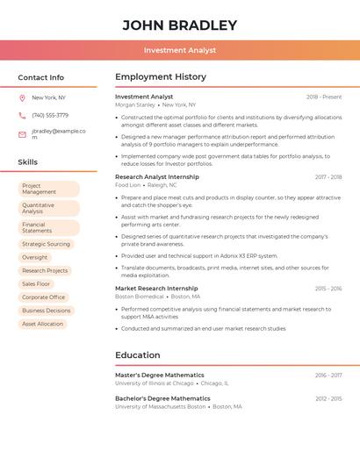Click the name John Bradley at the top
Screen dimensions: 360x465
coord(179,25)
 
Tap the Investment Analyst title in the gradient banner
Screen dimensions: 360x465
coord(179,51)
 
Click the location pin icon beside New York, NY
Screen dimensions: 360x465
coord(22,97)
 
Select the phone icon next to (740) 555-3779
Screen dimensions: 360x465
coord(22,115)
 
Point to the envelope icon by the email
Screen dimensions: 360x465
coord(22,134)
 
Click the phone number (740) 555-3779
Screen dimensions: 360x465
coord(50,115)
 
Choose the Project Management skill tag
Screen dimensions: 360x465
coord(48,189)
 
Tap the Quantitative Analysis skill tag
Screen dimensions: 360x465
coord(48,208)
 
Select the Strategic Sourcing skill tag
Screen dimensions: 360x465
coord(46,244)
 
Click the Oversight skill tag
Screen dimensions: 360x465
coord(35,257)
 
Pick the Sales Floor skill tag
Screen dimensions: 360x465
coord(36,284)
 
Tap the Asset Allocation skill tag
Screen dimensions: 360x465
coord(42,324)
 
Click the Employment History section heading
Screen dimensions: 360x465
coord(161,77)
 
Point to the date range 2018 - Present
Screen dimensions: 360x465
coord(324,97)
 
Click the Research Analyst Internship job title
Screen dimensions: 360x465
coord(156,177)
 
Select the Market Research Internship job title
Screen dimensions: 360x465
coord(156,289)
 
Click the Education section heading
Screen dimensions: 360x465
coord(138,355)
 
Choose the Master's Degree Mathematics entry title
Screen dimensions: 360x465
coord(159,376)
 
